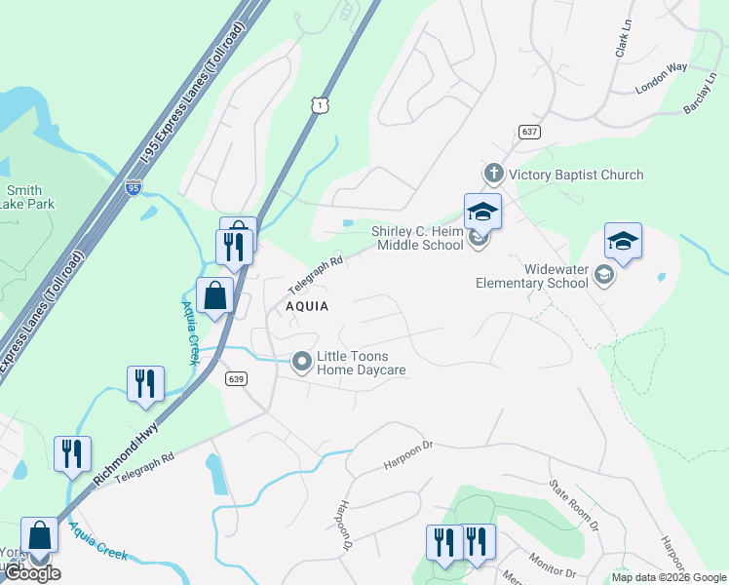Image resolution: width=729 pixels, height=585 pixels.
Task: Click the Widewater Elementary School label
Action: point(531,276)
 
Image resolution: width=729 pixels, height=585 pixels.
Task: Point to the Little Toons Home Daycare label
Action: point(362,364)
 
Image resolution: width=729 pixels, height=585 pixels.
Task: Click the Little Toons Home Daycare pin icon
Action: point(302,363)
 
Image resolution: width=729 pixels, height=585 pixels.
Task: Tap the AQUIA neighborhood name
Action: point(306,306)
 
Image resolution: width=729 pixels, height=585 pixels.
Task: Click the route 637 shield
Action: point(529,132)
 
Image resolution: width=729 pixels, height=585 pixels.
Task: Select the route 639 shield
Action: point(235,378)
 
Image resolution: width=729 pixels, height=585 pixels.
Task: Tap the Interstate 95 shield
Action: point(134,186)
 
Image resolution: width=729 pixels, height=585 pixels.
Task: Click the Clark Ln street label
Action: point(620,40)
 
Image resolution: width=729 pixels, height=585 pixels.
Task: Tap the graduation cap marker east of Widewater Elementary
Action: point(624,241)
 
